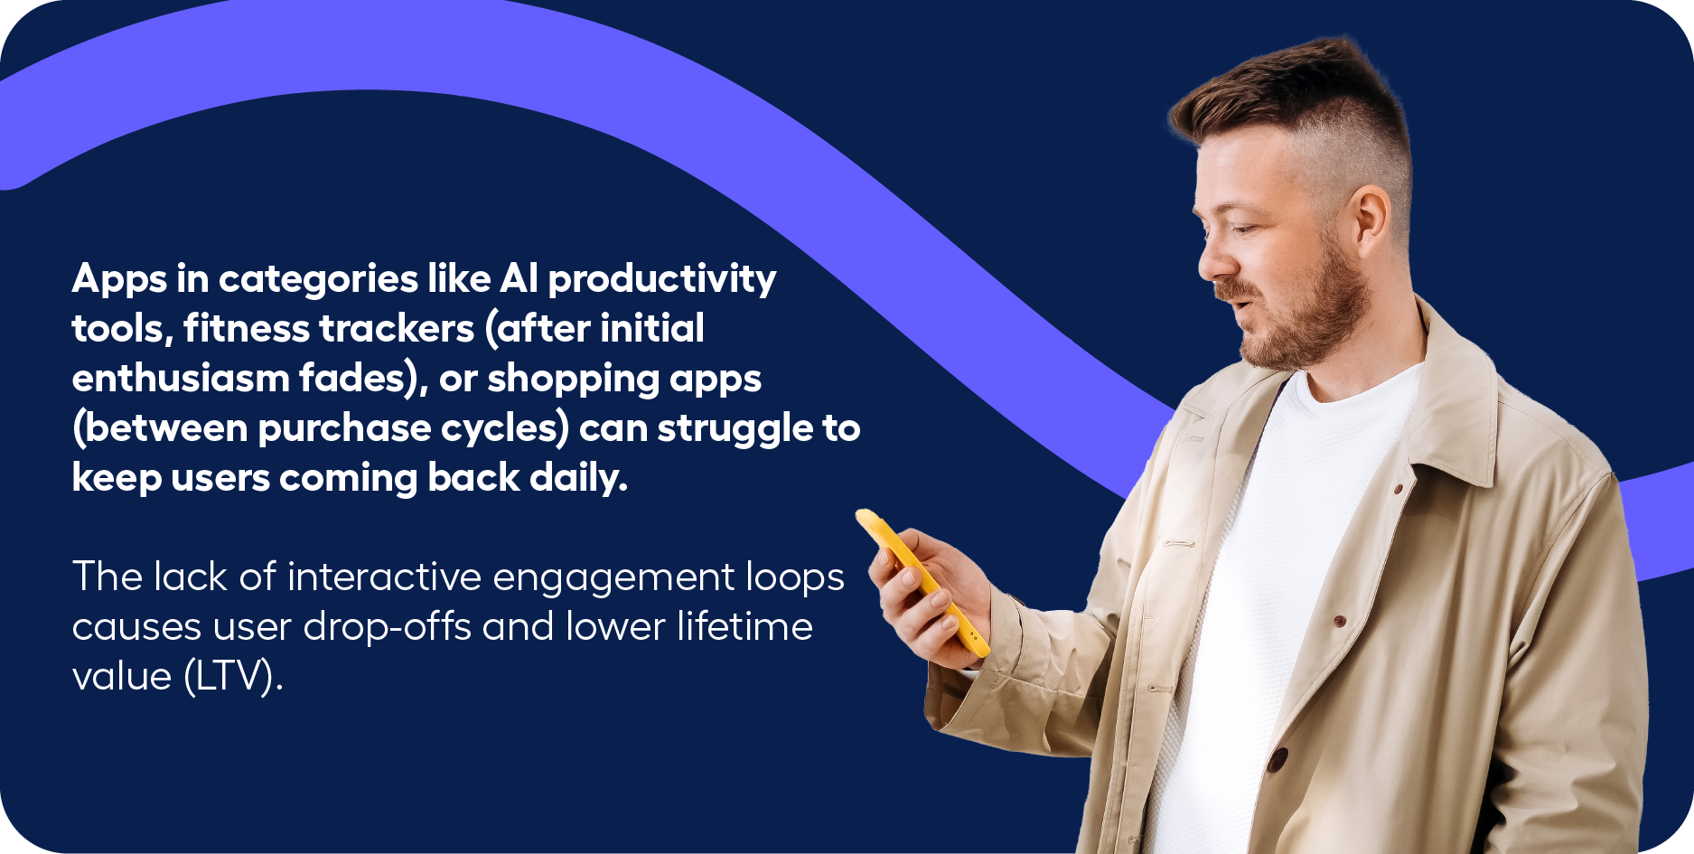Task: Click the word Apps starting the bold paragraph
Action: [119, 279]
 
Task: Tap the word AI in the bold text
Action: [519, 277]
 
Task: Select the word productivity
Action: [662, 279]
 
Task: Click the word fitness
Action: [239, 327]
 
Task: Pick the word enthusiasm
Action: [181, 377]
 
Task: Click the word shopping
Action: [573, 379]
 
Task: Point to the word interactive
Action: [384, 577]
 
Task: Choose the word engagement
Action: [613, 579]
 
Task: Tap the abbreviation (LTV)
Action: [233, 676]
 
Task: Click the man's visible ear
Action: [1368, 222]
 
